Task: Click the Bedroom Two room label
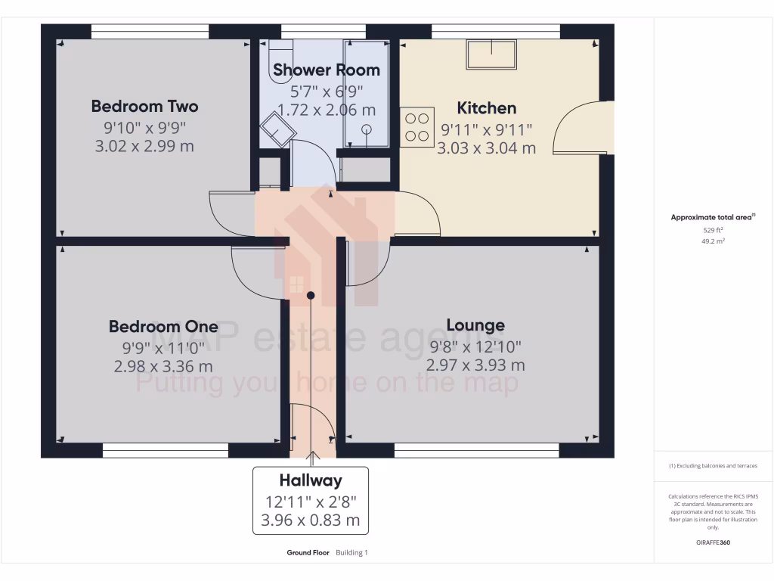pyautogui.click(x=144, y=106)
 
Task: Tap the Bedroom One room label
pyautogui.click(x=163, y=327)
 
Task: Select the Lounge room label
pyautogui.click(x=475, y=325)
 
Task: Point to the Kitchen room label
pyautogui.click(x=487, y=108)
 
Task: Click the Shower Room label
pyautogui.click(x=327, y=70)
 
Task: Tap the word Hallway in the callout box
pyautogui.click(x=311, y=480)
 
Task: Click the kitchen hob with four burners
pyautogui.click(x=417, y=127)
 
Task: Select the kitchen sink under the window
pyautogui.click(x=492, y=54)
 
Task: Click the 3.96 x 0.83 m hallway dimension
pyautogui.click(x=311, y=520)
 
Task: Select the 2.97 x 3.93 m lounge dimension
pyautogui.click(x=475, y=365)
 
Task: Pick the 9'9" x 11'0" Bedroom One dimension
pyautogui.click(x=163, y=349)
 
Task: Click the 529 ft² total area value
pyautogui.click(x=714, y=230)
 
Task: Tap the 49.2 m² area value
pyautogui.click(x=714, y=241)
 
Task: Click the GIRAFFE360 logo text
pyautogui.click(x=714, y=542)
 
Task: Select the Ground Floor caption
pyautogui.click(x=308, y=553)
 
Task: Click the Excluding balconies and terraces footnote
pyautogui.click(x=713, y=466)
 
